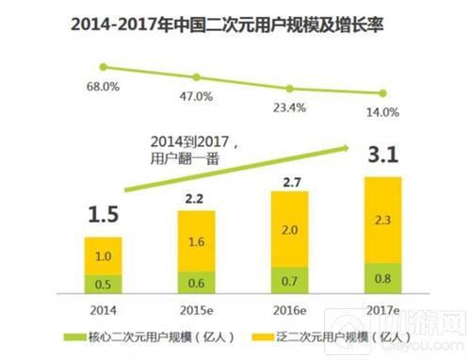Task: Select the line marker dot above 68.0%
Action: (106, 68)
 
